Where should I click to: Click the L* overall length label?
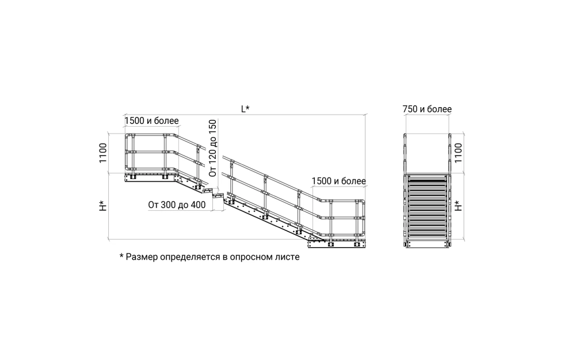point(245,109)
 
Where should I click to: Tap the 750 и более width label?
point(427,109)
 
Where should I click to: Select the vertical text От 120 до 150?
point(212,148)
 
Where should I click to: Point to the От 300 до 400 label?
point(177,205)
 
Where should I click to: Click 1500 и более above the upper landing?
point(152,120)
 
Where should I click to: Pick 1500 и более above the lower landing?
point(339,181)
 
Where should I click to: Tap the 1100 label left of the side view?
point(103,153)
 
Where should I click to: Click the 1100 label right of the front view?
point(458,153)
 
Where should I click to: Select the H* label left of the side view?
point(103,206)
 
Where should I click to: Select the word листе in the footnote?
point(287,257)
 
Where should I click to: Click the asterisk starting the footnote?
point(121,256)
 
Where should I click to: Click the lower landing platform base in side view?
point(337,244)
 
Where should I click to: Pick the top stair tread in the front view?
point(427,177)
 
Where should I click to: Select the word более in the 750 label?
point(440,109)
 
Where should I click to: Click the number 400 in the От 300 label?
point(199,205)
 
